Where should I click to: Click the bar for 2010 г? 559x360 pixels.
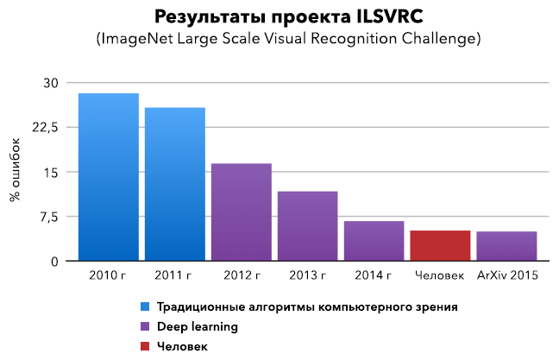[109, 177]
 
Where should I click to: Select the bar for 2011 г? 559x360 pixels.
[175, 184]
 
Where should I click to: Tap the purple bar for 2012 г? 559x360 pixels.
[242, 212]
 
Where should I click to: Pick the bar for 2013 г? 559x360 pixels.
[307, 225]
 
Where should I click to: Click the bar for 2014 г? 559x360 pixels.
[374, 241]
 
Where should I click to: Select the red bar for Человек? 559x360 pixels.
[440, 245]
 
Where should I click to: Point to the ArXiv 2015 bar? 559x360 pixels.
[506, 246]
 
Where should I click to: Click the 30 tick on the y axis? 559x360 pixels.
[50, 83]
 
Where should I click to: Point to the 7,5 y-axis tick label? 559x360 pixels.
[47, 217]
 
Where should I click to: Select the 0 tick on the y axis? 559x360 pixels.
[54, 262]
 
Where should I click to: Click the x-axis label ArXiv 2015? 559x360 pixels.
[507, 277]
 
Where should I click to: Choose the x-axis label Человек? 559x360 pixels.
[440, 277]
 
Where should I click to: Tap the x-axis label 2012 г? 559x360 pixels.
[242, 277]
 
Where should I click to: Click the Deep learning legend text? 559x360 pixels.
[198, 327]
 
